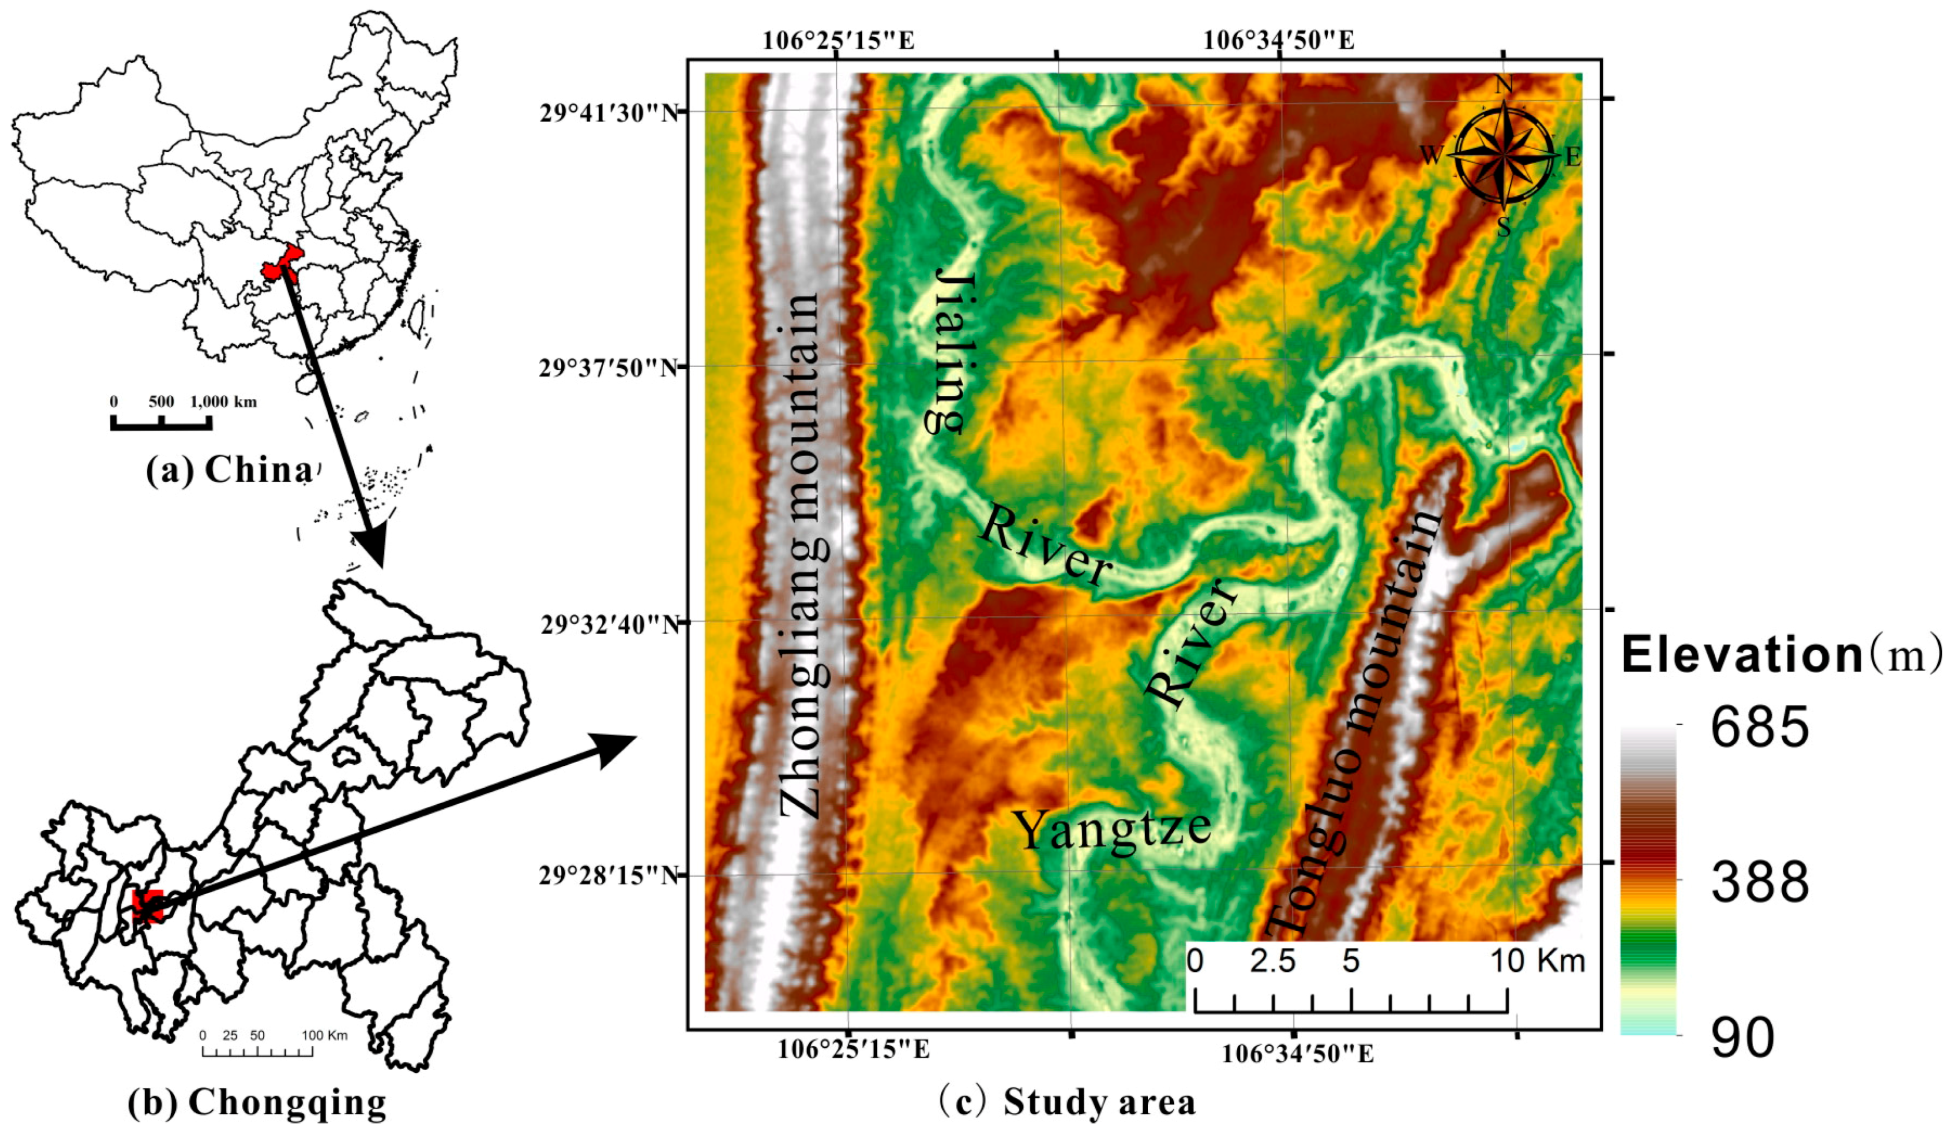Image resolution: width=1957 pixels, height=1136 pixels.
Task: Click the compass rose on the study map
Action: tap(1504, 156)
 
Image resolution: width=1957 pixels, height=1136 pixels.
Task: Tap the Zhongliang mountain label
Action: tap(803, 555)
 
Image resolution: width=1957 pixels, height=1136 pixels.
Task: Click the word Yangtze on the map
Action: tap(1112, 831)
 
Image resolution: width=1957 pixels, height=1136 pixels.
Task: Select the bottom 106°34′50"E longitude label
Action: tap(1297, 1054)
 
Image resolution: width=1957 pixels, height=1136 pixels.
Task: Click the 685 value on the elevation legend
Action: tap(1759, 728)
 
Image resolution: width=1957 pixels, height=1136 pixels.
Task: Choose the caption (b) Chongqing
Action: tap(256, 1102)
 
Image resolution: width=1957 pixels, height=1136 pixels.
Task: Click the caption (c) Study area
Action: tap(1067, 1102)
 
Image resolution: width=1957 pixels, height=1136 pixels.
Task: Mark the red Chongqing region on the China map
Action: tap(281, 262)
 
